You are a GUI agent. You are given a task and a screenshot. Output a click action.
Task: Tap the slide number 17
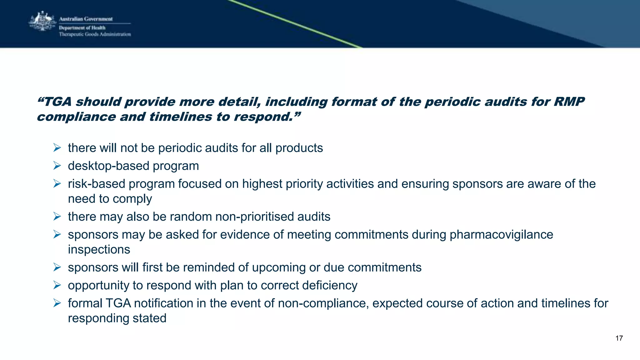(619, 338)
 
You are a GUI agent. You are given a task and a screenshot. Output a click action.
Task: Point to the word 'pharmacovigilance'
(501, 235)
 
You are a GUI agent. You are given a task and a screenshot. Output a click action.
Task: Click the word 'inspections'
(99, 250)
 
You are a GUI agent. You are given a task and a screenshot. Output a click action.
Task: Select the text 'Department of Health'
(82, 28)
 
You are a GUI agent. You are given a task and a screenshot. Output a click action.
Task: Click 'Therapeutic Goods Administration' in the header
(95, 34)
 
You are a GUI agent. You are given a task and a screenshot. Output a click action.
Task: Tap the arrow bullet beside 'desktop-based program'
(57, 166)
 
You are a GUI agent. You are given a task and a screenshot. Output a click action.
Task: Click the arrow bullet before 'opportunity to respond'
(57, 285)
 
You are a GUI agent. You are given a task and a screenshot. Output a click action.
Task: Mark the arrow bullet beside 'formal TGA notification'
(57, 303)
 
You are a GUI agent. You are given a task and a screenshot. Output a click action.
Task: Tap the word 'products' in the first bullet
(299, 148)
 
